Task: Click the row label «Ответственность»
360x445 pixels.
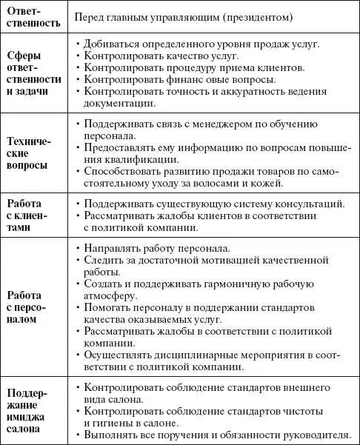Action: point(35,16)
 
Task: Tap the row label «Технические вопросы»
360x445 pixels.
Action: point(35,154)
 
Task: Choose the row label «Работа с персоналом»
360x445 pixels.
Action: point(35,305)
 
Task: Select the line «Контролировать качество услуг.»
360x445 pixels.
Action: point(163,56)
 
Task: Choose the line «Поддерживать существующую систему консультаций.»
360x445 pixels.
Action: point(214,204)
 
